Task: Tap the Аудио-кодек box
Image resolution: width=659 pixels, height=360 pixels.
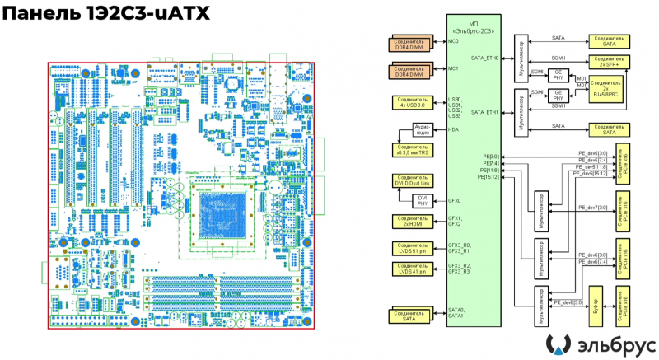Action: (422, 129)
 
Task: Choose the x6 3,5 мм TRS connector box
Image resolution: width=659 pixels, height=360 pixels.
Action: (410, 151)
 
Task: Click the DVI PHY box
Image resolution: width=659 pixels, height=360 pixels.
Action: (422, 200)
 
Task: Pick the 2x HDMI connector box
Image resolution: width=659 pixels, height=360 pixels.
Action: (410, 220)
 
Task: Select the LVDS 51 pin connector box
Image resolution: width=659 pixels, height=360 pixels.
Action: (410, 247)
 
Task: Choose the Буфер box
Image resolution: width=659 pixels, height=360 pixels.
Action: (594, 309)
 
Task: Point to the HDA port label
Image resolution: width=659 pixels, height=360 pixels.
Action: (453, 129)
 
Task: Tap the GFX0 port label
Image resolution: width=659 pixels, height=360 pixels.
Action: (454, 200)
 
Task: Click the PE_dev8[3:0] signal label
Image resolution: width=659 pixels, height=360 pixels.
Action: (568, 302)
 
